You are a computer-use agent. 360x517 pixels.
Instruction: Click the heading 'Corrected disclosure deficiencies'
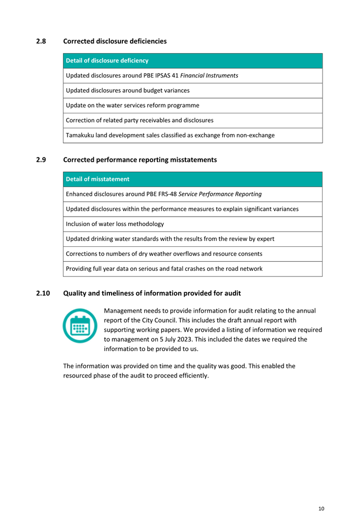pyautogui.click(x=115, y=41)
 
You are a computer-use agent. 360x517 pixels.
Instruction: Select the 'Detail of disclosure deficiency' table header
pyautogui.click(x=107, y=60)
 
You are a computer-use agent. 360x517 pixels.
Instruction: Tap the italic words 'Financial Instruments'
pyautogui.click(x=209, y=75)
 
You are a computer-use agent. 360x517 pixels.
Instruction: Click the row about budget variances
pyautogui.click(x=128, y=90)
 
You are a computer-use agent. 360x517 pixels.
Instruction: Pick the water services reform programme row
pyautogui.click(x=132, y=105)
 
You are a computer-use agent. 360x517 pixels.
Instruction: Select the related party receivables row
pyautogui.click(x=140, y=120)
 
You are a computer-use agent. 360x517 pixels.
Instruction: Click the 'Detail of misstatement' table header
pyautogui.click(x=98, y=179)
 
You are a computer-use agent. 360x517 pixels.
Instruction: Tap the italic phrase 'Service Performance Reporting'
pyautogui.click(x=220, y=194)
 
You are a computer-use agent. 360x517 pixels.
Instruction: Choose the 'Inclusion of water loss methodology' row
pyautogui.click(x=115, y=224)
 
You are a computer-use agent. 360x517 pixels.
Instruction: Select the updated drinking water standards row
pyautogui.click(x=170, y=239)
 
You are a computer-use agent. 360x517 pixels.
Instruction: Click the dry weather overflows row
pyautogui.click(x=164, y=253)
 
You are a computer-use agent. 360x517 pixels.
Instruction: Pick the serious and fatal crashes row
pyautogui.click(x=164, y=269)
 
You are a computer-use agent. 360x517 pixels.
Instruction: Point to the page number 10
pyautogui.click(x=321, y=509)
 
